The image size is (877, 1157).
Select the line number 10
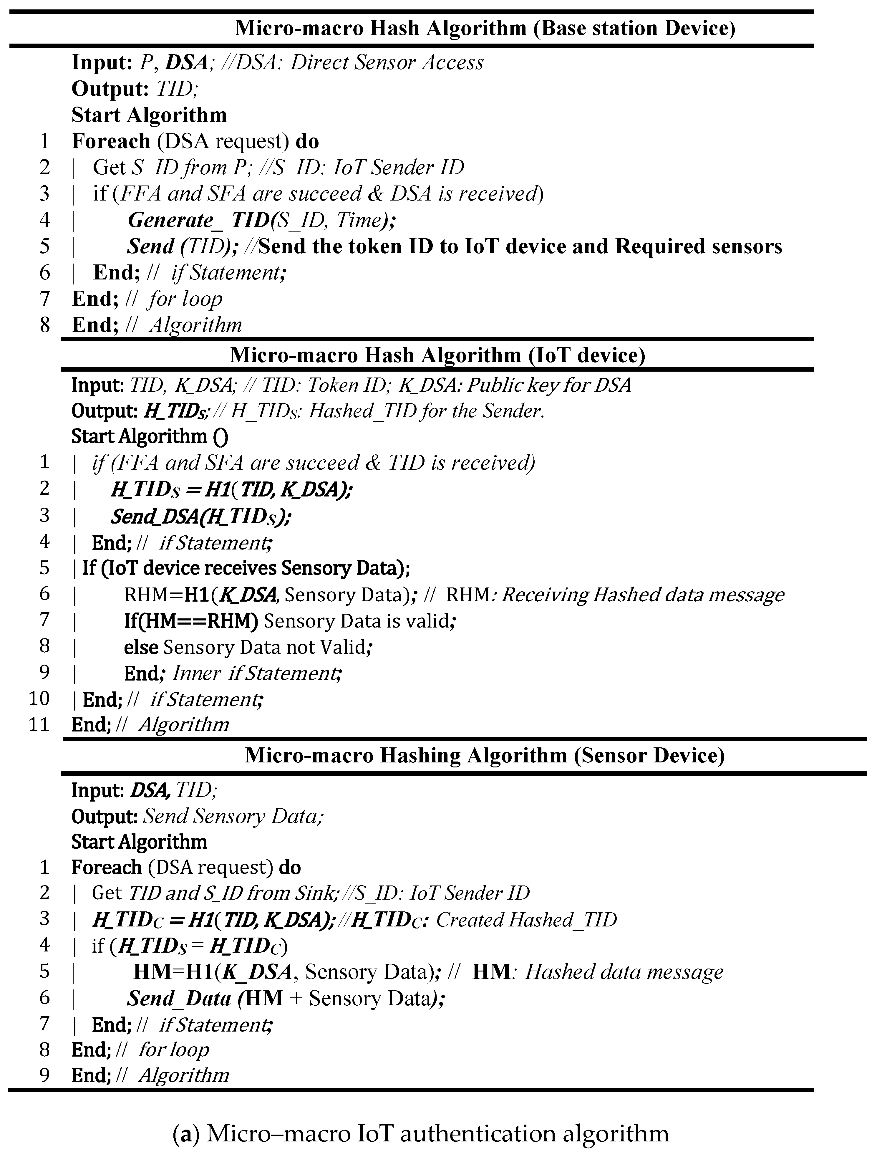point(39,698)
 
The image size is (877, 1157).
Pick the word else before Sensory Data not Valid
point(141,647)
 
